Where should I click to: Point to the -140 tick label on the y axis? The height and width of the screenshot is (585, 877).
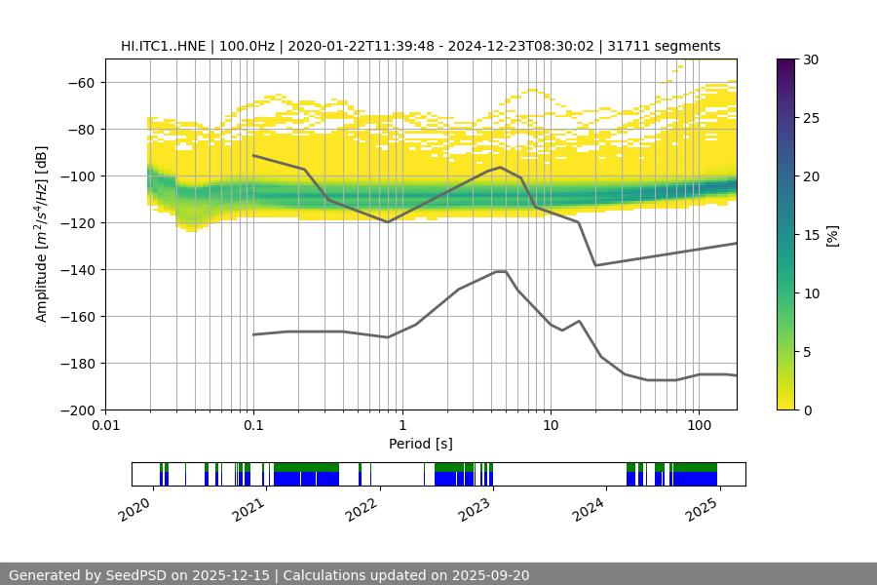77,270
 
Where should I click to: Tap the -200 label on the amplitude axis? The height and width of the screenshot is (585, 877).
77,410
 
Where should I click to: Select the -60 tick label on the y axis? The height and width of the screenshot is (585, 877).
81,83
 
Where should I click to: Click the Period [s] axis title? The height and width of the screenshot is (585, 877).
421,444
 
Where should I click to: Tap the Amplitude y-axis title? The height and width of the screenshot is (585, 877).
42,234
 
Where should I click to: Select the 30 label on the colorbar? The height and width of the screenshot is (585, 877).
811,59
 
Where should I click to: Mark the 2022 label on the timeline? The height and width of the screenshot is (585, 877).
361,508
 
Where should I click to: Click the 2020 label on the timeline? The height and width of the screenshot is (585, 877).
135,508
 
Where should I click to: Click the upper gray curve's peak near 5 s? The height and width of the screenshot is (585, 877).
501,167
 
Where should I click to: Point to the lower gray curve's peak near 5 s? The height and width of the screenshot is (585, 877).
501,271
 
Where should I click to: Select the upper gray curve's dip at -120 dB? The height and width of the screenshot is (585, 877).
388,222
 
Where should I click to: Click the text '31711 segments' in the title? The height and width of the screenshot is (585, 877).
670,46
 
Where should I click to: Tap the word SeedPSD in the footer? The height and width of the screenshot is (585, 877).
139,575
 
